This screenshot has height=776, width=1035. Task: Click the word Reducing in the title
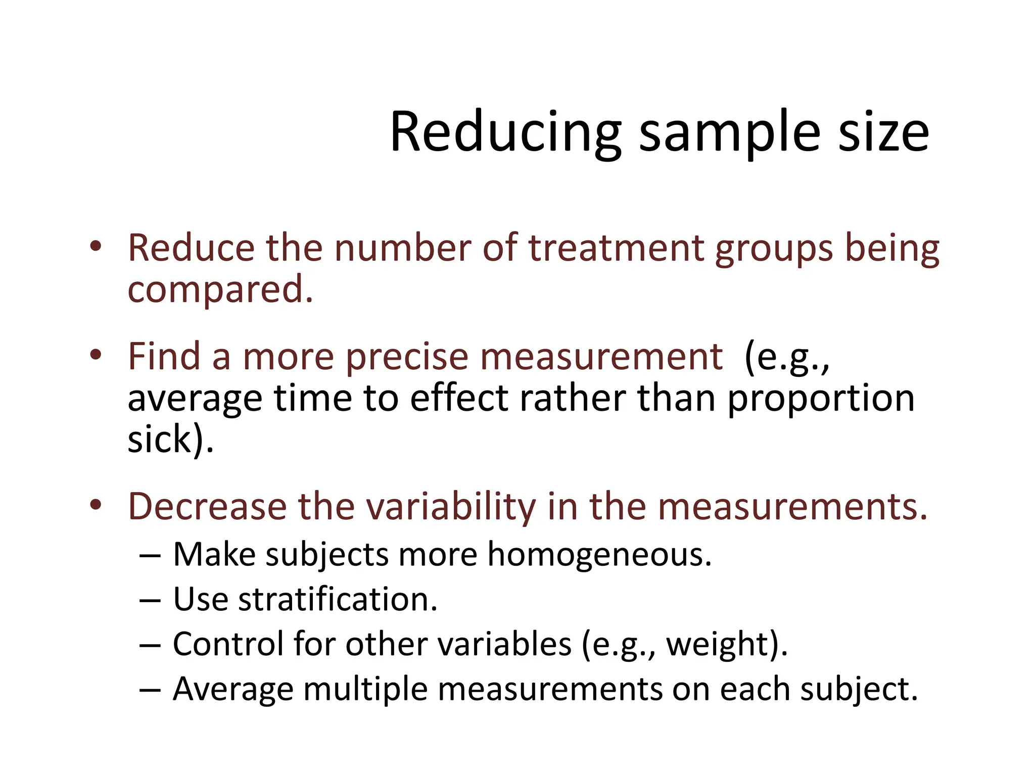click(x=505, y=132)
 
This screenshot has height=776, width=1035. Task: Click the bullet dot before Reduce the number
click(x=96, y=247)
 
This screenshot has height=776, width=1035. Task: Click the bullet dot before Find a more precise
click(x=96, y=355)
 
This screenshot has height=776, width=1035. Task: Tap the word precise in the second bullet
click(x=407, y=357)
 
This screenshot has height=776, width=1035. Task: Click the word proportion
click(x=821, y=399)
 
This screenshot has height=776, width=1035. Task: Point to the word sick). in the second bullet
click(x=171, y=440)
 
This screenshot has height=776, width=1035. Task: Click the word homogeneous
click(x=599, y=555)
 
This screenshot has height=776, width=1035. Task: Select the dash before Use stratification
click(x=150, y=601)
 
